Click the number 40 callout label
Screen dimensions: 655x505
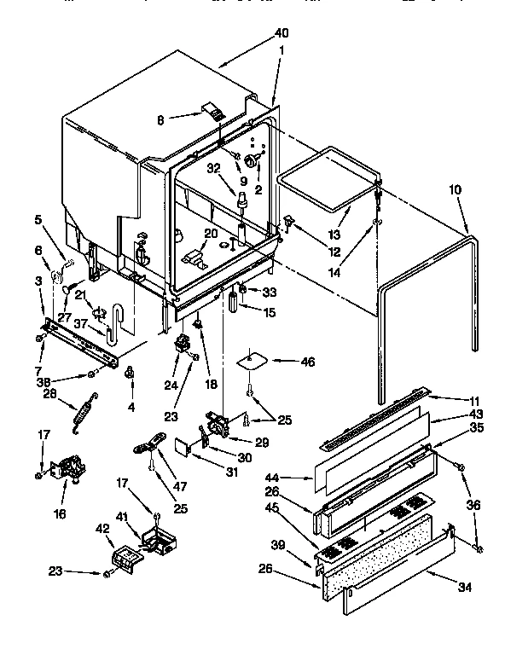pos(282,33)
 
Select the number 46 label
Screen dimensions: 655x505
pos(308,362)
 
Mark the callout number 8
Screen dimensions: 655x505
pos(160,120)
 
